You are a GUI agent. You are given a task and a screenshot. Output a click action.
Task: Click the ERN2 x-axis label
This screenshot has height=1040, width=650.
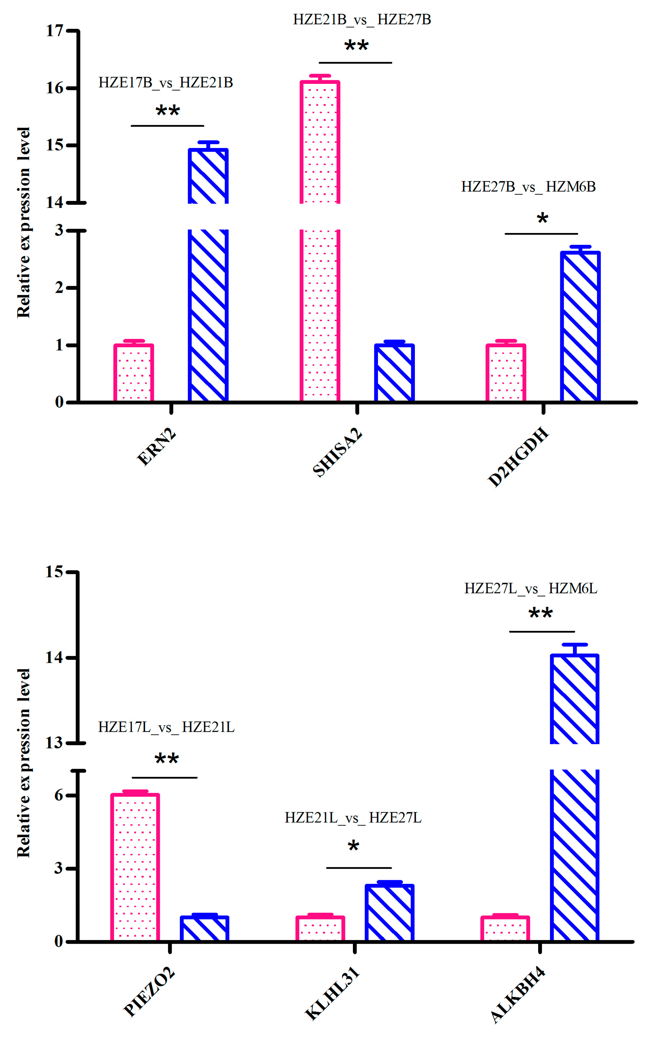click(156, 447)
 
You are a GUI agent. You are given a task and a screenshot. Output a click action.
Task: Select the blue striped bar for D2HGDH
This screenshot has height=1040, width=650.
click(580, 327)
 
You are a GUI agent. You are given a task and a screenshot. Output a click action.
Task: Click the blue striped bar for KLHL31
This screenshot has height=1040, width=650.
click(390, 913)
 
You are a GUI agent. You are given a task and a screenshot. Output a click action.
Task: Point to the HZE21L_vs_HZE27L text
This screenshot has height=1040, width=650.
click(353, 817)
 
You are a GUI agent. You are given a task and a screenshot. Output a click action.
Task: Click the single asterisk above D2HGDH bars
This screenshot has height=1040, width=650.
click(542, 218)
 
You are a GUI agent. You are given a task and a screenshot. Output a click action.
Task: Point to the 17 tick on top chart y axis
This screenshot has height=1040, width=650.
click(55, 31)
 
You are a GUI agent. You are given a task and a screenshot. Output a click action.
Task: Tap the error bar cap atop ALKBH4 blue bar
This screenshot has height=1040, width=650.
click(574, 645)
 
